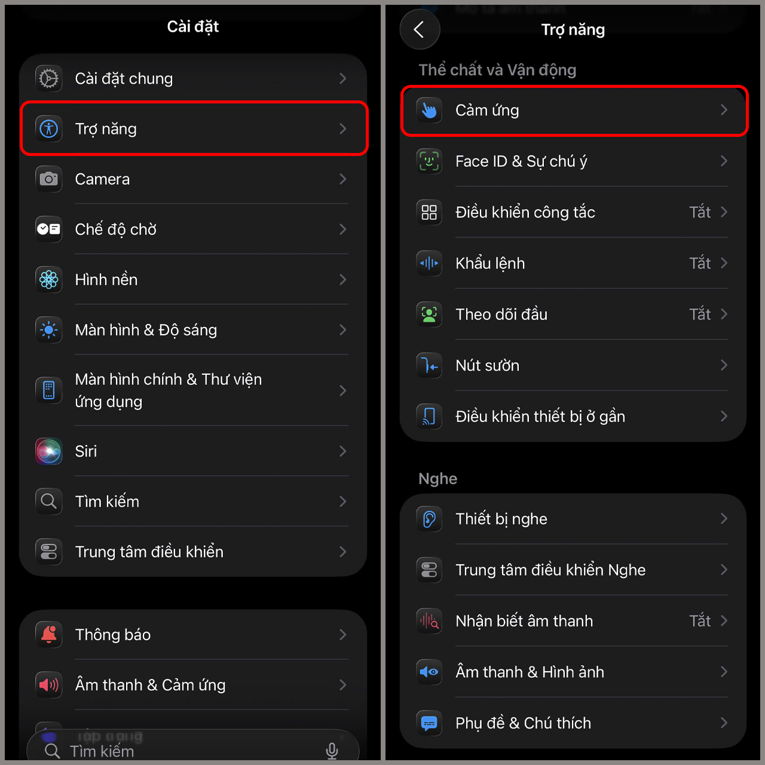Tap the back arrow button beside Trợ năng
click(420, 29)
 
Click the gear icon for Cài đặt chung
click(49, 78)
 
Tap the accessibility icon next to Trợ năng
click(49, 128)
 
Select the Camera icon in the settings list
click(49, 179)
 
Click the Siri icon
click(49, 451)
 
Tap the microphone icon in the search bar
click(332, 751)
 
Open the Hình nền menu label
click(106, 280)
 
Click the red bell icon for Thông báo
click(49, 635)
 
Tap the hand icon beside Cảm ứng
click(429, 110)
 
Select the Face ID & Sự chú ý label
click(521, 161)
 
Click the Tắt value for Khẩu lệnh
click(700, 264)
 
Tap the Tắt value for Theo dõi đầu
click(700, 314)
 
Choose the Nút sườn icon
click(429, 365)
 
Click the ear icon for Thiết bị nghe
click(429, 519)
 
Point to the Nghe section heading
click(438, 479)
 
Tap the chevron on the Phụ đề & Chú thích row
click(724, 723)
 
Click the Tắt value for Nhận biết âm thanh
click(700, 621)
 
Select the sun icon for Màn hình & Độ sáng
click(49, 330)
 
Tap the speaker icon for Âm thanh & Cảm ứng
click(49, 685)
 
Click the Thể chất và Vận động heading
click(497, 70)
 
